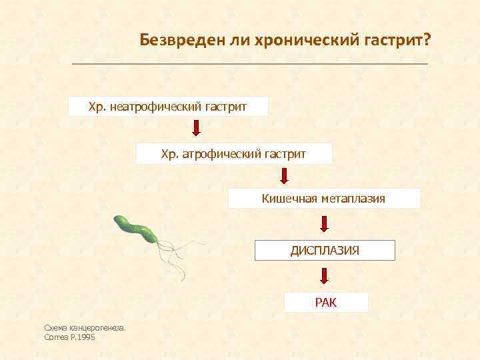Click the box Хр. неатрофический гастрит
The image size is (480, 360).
point(168,107)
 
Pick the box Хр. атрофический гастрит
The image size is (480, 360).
point(234,154)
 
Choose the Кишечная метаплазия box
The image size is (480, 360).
point(324,199)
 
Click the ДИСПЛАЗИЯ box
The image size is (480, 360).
point(325,250)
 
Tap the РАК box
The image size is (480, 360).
point(326,303)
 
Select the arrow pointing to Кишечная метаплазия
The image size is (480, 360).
point(285,176)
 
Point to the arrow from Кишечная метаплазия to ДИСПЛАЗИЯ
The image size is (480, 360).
point(325,223)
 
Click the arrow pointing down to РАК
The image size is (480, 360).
point(325,275)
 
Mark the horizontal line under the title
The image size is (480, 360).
point(249,64)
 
